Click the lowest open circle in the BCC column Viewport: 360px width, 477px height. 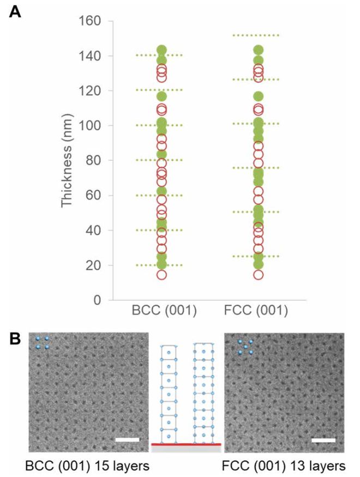tap(161, 274)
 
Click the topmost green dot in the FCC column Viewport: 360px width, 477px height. tap(259, 50)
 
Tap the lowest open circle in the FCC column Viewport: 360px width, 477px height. tap(259, 274)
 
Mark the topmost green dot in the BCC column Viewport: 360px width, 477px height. tap(161, 50)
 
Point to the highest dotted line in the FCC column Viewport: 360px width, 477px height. tap(259, 35)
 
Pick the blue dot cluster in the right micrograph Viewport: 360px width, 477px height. tap(245, 347)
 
